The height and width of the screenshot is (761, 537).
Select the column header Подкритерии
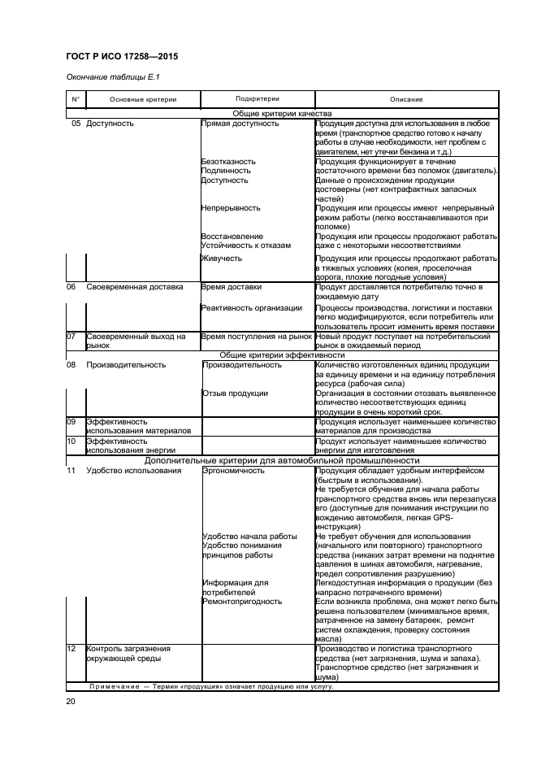[256, 98]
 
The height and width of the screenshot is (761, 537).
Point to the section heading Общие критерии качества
[283, 115]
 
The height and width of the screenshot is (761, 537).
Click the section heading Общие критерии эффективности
[283, 355]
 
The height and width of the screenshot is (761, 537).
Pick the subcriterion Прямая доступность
[240, 124]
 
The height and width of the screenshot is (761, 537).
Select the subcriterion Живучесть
[222, 259]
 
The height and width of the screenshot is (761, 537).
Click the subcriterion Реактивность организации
[253, 307]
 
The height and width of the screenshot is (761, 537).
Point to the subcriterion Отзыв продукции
[235, 394]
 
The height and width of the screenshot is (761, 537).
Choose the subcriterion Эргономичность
[234, 470]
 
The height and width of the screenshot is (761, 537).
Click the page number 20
[71, 700]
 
